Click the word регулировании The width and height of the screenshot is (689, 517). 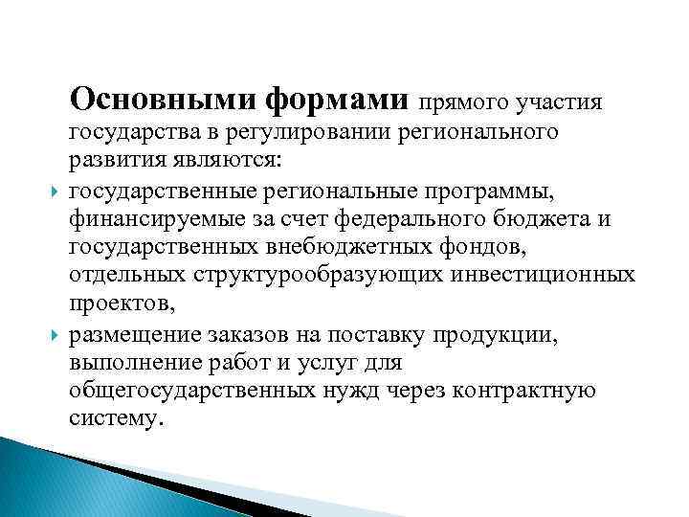point(325,130)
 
